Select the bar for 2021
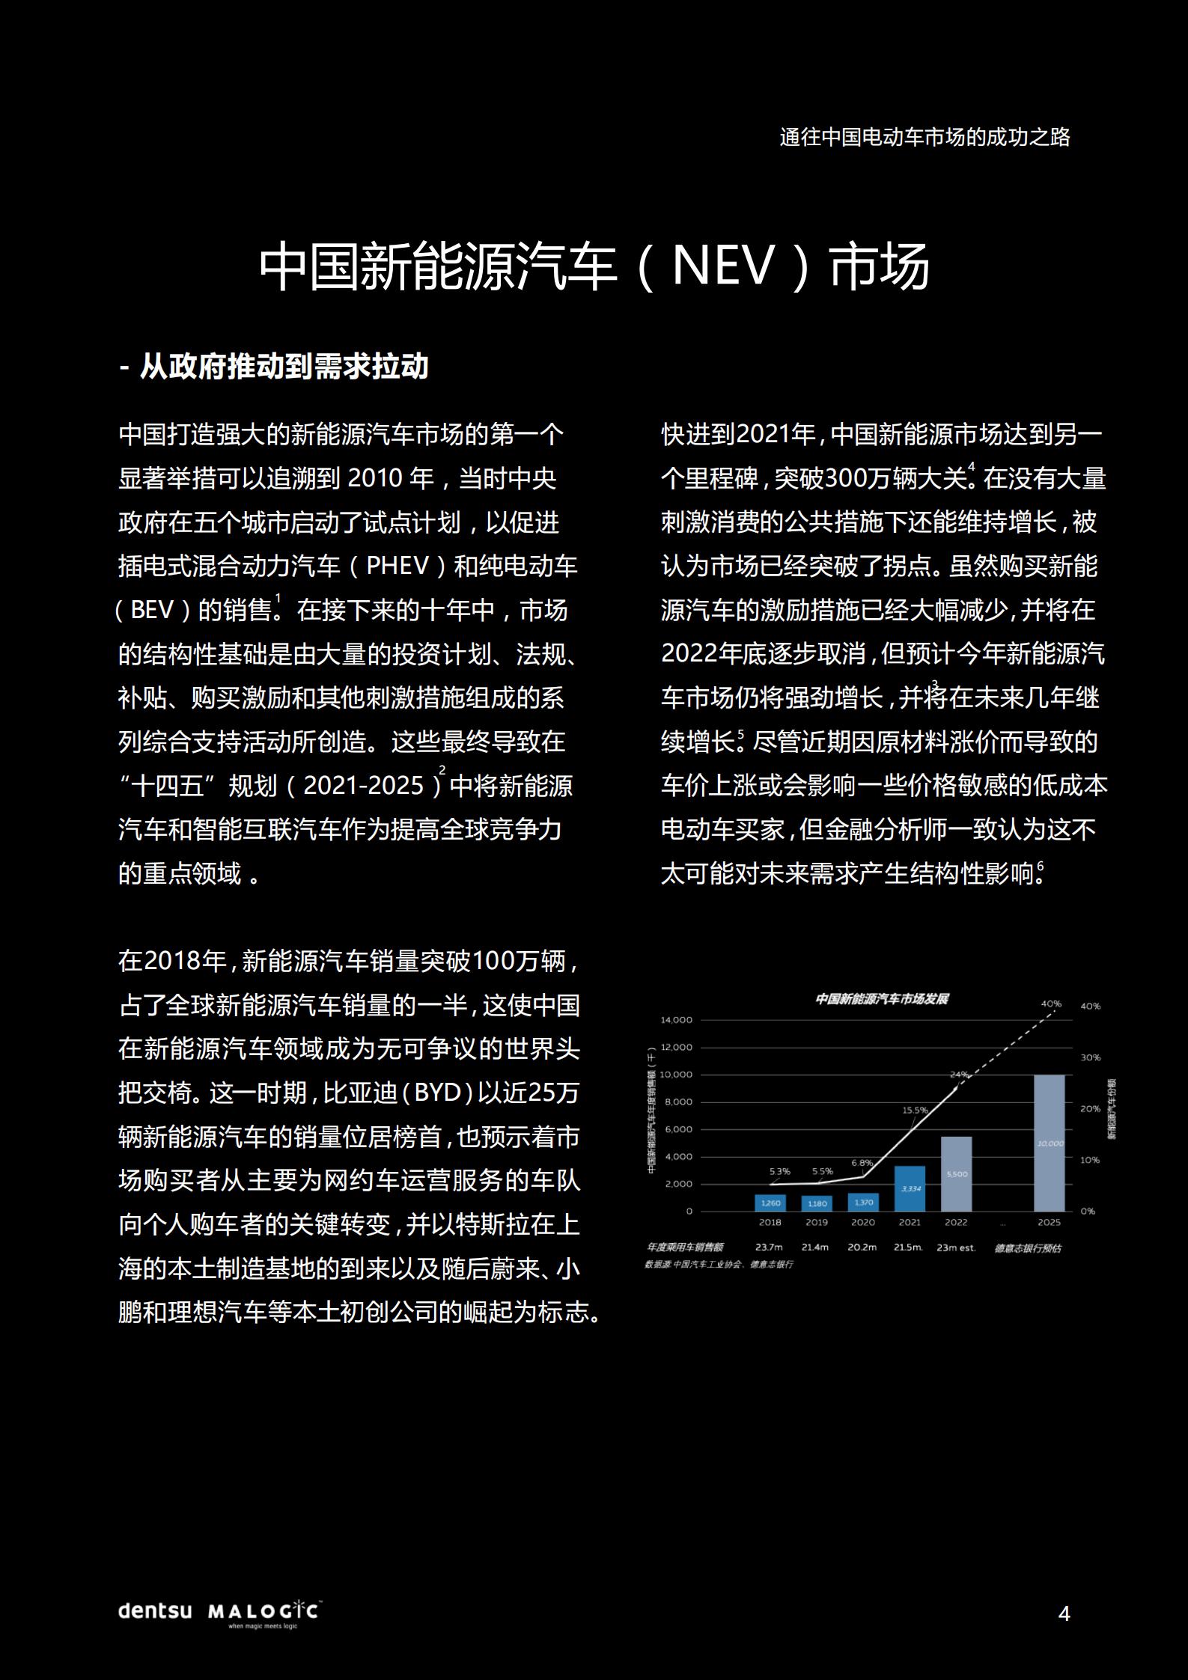click(x=910, y=1188)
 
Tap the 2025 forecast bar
click(x=1049, y=1143)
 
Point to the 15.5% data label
click(x=915, y=1111)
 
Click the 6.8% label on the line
click(x=862, y=1163)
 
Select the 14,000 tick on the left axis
click(x=677, y=1020)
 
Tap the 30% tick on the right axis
click(x=1090, y=1057)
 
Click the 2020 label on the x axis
click(x=862, y=1222)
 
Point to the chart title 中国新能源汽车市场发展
click(x=882, y=999)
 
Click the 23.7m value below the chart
click(x=769, y=1247)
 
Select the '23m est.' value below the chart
click(x=956, y=1247)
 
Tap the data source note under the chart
click(x=718, y=1264)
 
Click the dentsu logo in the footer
click(x=155, y=1610)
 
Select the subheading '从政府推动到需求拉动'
click(x=274, y=367)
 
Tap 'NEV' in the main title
click(x=721, y=266)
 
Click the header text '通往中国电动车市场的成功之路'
click(x=924, y=137)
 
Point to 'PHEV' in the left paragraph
click(x=397, y=566)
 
